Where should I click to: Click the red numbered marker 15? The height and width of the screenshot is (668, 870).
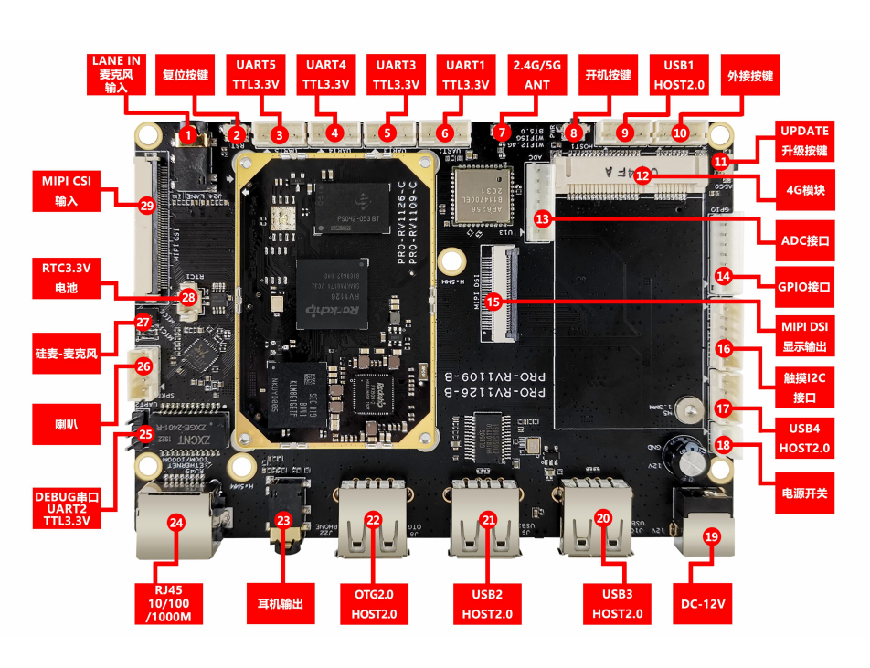(x=493, y=300)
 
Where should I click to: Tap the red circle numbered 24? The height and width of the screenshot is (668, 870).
(x=176, y=523)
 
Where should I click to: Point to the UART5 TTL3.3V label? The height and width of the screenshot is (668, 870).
(x=255, y=75)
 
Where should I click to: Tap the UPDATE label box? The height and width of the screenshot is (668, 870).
(x=804, y=140)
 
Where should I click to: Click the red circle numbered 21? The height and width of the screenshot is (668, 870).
(x=488, y=519)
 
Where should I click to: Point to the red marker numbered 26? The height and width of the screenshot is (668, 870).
(x=143, y=366)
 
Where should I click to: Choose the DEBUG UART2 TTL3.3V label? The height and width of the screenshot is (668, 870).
(x=65, y=508)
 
